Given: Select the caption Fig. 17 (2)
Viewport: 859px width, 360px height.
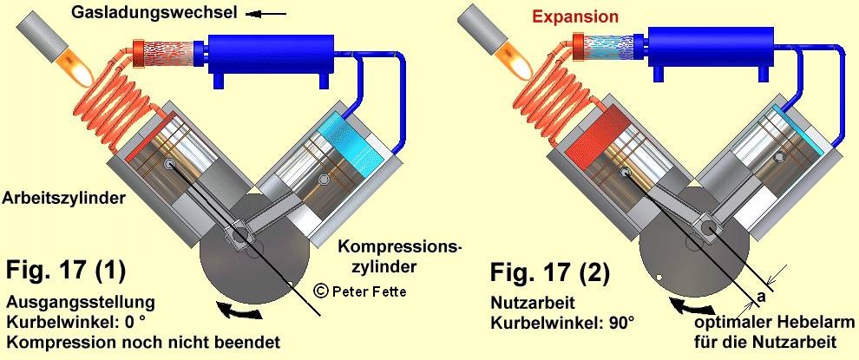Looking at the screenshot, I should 549,273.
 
